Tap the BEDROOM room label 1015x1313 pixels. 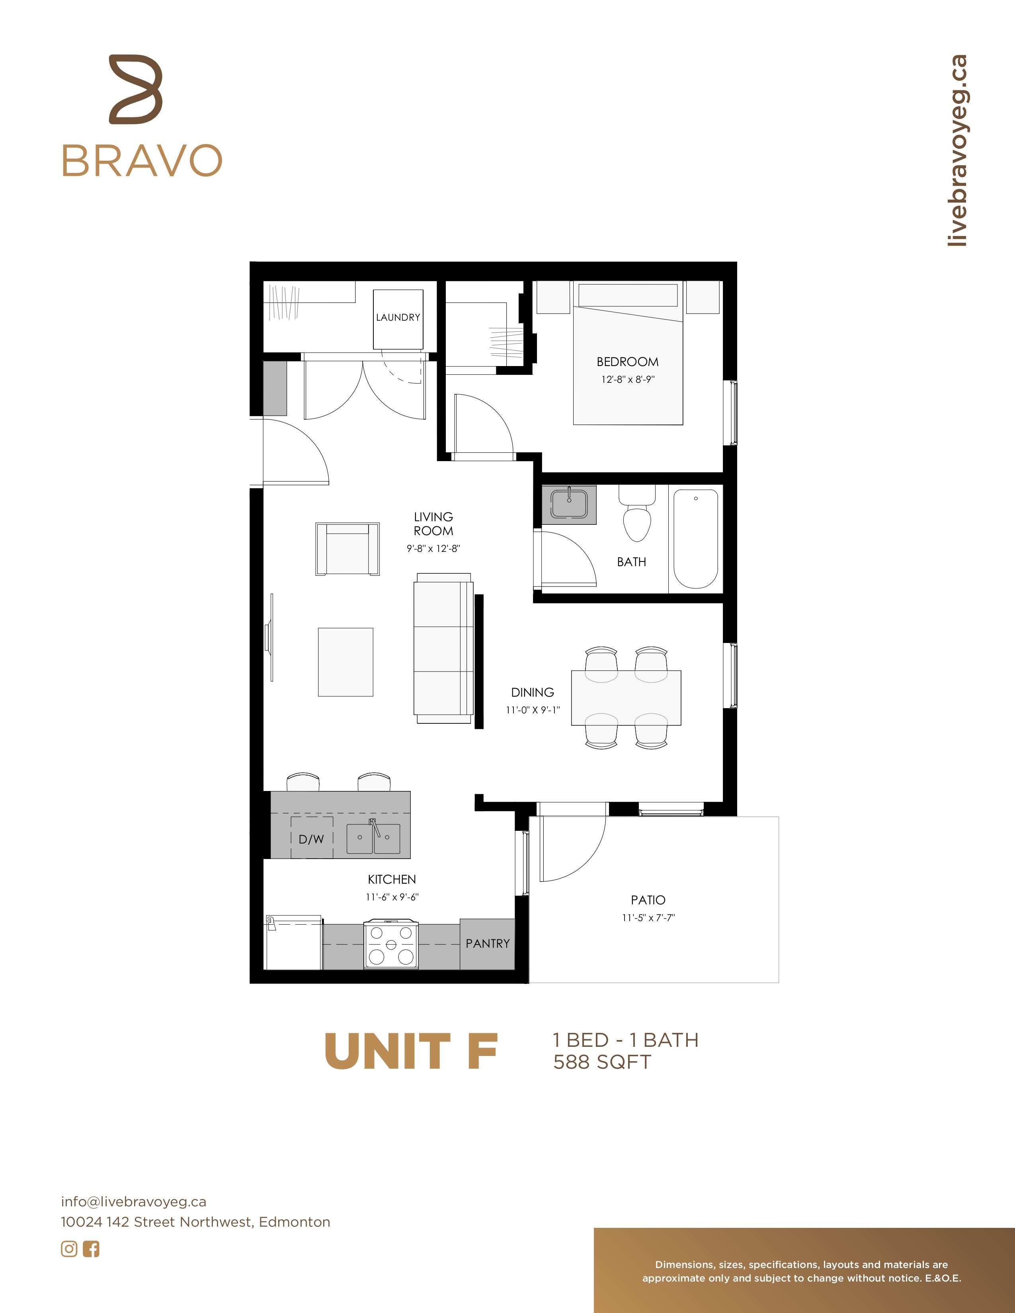627,362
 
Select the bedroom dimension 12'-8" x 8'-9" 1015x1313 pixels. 628,379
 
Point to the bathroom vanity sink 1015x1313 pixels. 569,504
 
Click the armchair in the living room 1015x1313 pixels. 347,549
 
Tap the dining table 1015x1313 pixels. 626,698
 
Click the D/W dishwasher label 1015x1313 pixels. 312,839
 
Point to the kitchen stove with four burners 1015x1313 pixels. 391,944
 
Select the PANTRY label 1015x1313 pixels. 488,944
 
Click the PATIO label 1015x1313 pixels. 648,900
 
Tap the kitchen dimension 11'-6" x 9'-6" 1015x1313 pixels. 392,897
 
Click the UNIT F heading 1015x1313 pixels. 411,1052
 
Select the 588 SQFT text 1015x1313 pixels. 602,1062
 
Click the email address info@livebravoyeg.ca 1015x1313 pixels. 133,1202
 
